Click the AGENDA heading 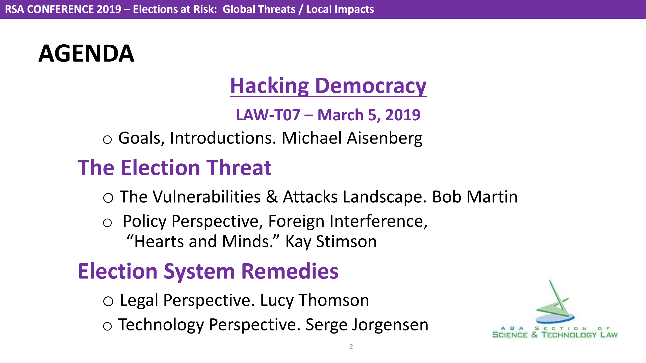(x=86, y=53)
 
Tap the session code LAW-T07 (x=268, y=115)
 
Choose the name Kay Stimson (x=331, y=241)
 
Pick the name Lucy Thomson (x=315, y=300)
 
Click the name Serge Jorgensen (x=367, y=325)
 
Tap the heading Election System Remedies (x=208, y=271)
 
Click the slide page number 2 (x=351, y=347)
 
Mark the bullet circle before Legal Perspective (x=108, y=301)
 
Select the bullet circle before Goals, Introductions (x=107, y=139)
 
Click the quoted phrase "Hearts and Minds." (x=203, y=241)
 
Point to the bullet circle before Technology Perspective (x=107, y=326)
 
